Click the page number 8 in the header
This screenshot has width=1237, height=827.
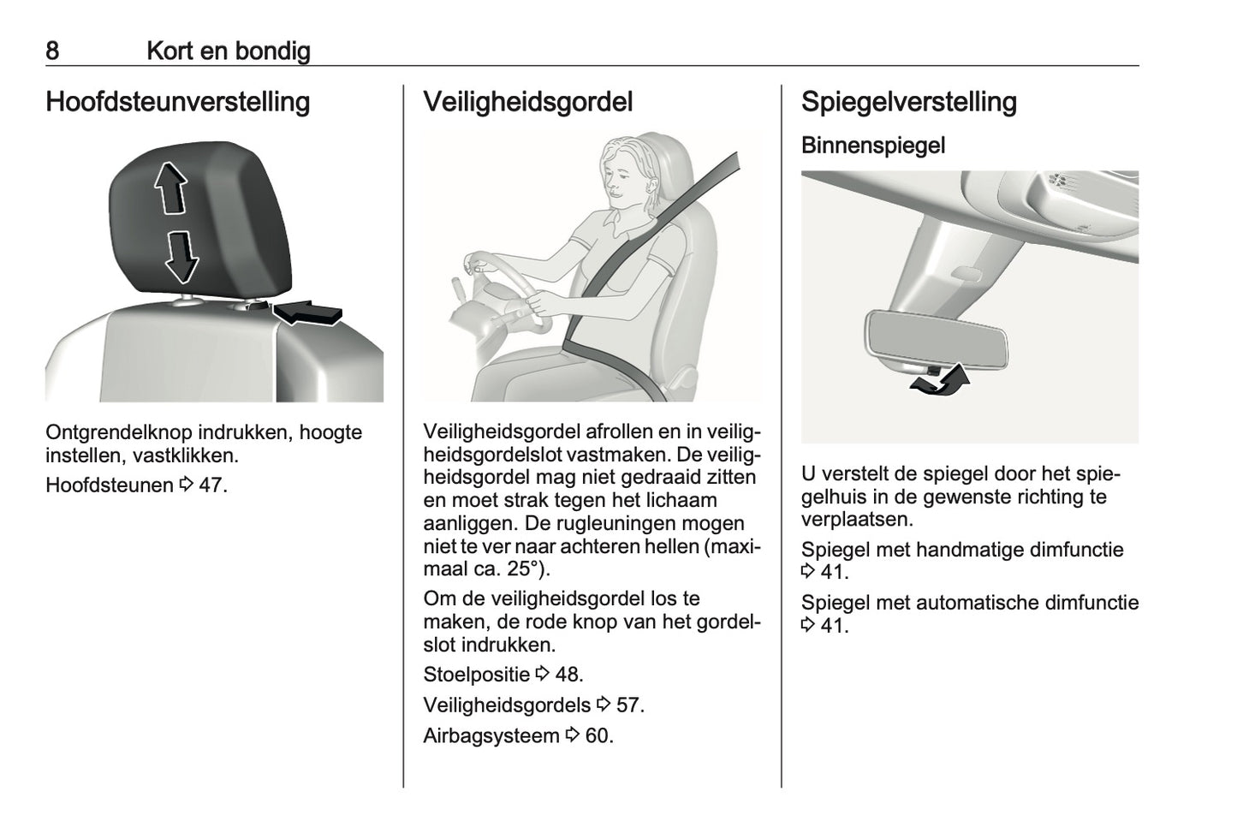coord(52,51)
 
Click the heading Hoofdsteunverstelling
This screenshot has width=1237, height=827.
coord(178,102)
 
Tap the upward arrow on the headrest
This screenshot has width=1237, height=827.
coord(170,188)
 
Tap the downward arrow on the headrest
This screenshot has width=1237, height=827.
coord(181,258)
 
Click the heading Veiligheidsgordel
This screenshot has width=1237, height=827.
coord(528,102)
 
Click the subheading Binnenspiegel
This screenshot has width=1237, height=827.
coord(873,146)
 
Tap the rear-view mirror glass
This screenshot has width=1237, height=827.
coord(937,338)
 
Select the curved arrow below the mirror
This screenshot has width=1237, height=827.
coord(940,381)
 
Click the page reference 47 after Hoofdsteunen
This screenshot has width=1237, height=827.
coord(212,485)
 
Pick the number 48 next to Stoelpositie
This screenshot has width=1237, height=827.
coord(568,675)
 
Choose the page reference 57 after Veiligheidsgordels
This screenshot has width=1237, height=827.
coord(629,705)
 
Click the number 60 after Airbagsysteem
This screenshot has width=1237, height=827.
coord(598,736)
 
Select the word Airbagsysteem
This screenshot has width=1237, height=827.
coord(491,736)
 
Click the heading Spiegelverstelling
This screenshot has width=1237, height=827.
coord(909,102)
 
